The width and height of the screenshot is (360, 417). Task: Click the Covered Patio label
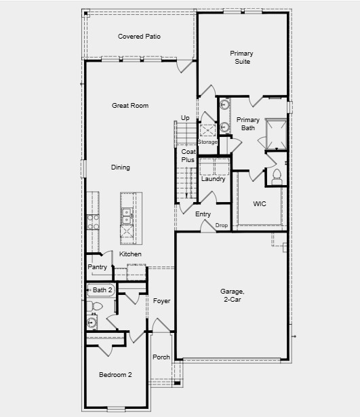click(x=139, y=37)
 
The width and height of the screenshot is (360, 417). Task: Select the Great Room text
click(x=130, y=106)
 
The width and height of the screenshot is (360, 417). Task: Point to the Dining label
click(x=121, y=167)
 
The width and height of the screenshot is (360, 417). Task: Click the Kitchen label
click(x=131, y=254)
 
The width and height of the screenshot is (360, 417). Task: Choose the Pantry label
click(x=98, y=267)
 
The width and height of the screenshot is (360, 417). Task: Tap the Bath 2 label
click(x=102, y=290)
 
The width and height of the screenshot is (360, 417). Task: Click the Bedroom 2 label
click(x=115, y=375)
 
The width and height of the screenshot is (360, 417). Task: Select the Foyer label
click(x=161, y=300)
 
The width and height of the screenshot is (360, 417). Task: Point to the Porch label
click(x=161, y=357)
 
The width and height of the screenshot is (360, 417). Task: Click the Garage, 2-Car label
click(x=233, y=296)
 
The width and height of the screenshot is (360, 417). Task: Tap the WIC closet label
click(x=259, y=203)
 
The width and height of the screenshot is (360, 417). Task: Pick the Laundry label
click(x=214, y=179)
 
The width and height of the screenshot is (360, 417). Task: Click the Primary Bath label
click(x=247, y=123)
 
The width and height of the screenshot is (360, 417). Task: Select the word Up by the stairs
click(x=185, y=118)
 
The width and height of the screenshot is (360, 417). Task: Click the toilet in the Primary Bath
click(x=276, y=176)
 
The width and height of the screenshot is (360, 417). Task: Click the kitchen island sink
click(x=127, y=216)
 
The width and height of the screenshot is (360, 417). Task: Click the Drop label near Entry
click(x=221, y=225)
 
